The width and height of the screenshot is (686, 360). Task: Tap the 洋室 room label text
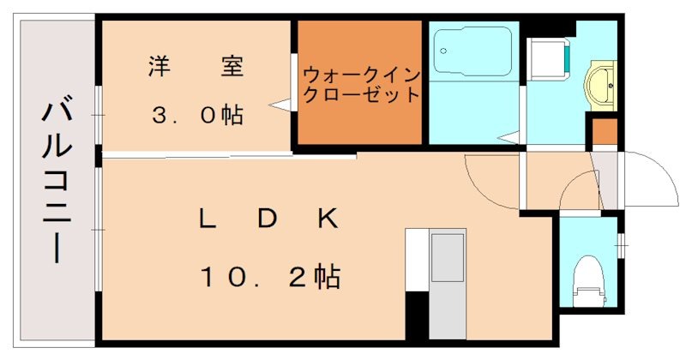(x=196, y=65)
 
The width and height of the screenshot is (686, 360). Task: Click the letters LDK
(x=267, y=219)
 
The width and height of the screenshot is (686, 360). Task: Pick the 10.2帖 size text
(x=269, y=276)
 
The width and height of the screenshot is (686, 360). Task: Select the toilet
(x=588, y=279)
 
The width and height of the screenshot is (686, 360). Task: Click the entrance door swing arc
(x=653, y=178)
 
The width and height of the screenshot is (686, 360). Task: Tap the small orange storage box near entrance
(x=605, y=133)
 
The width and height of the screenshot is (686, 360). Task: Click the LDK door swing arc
(x=490, y=181)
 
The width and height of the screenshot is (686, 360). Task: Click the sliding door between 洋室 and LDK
(x=227, y=155)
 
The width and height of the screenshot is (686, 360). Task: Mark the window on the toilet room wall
(x=621, y=244)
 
